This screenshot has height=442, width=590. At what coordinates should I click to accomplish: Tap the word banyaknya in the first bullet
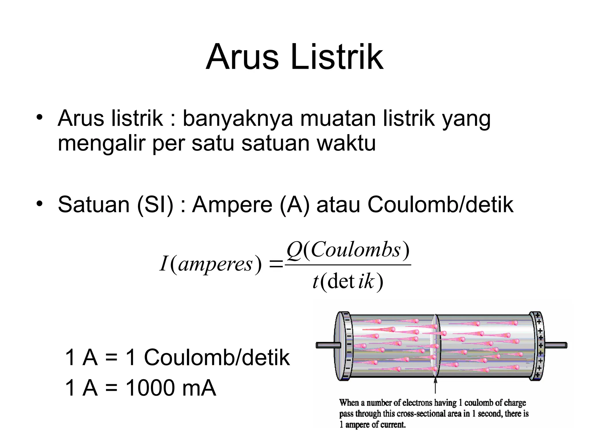coord(238,119)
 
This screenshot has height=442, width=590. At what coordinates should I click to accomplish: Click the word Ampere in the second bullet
coord(232,205)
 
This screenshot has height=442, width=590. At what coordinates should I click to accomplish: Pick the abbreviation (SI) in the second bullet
coord(155,205)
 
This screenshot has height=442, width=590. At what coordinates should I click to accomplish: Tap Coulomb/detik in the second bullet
coord(440,205)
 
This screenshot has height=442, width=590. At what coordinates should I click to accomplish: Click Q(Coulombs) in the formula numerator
coord(348,250)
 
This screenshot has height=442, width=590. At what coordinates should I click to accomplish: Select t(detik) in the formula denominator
coord(348,281)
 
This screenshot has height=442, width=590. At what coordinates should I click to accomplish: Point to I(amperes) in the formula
coord(211,264)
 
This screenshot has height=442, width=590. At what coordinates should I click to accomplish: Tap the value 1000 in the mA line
coord(150,388)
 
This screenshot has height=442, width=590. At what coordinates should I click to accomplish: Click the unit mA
coord(199,388)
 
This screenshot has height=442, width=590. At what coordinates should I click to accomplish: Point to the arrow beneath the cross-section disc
coord(435,386)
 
